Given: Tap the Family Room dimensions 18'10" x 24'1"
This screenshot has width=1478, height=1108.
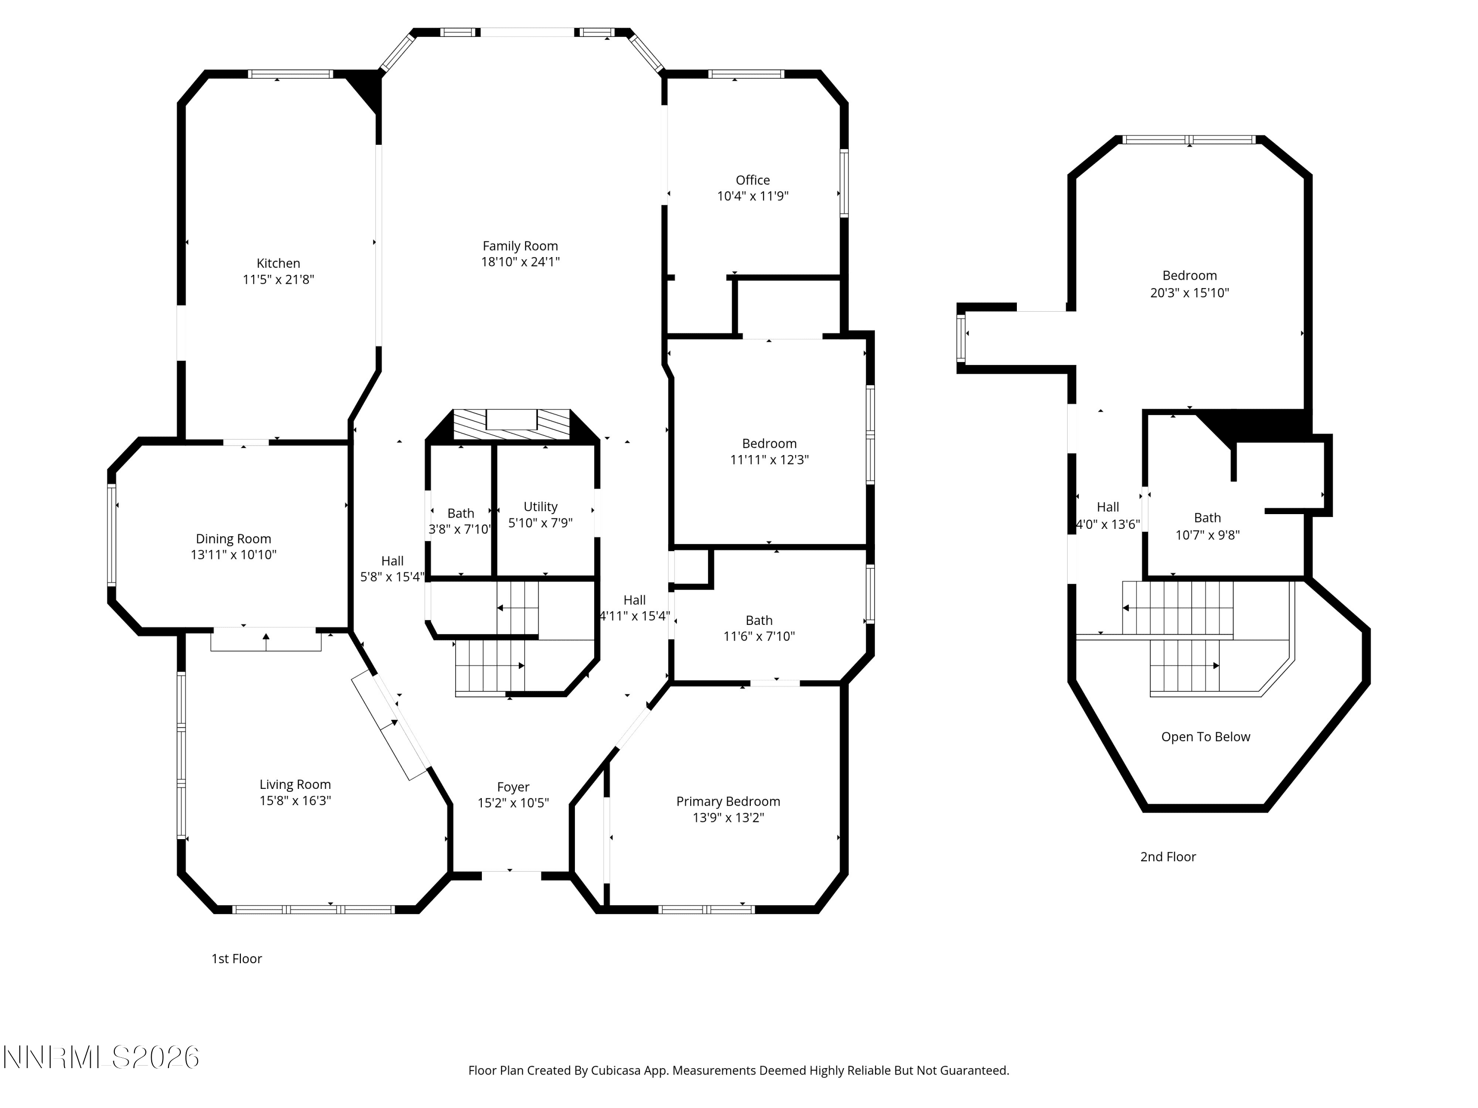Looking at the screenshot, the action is (521, 262).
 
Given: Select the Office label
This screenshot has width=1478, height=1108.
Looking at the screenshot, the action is (752, 180).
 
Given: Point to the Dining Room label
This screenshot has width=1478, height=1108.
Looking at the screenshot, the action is (233, 539).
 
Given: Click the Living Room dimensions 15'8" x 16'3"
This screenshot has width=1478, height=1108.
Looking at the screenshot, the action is (295, 801).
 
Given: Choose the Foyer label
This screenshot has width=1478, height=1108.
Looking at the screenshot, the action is (513, 787).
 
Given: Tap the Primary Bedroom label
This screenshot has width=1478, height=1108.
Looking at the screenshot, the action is (728, 801).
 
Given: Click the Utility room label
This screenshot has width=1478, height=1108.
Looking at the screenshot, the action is (540, 507).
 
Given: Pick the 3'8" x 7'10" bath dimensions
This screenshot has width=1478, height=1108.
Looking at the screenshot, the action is (460, 529).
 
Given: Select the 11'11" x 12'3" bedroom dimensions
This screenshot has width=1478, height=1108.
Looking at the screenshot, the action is (770, 459).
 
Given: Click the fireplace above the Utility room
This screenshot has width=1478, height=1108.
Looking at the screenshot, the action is (512, 425).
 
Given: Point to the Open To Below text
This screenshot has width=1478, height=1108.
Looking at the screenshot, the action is (1206, 737).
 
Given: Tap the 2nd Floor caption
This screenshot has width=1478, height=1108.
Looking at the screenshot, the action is (1168, 857).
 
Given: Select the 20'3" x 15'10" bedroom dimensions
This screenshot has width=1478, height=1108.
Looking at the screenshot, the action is (1189, 293).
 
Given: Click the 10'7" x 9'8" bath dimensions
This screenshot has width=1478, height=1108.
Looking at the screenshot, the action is (1208, 535).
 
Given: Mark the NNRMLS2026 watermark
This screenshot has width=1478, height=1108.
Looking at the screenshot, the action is (101, 1057).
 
